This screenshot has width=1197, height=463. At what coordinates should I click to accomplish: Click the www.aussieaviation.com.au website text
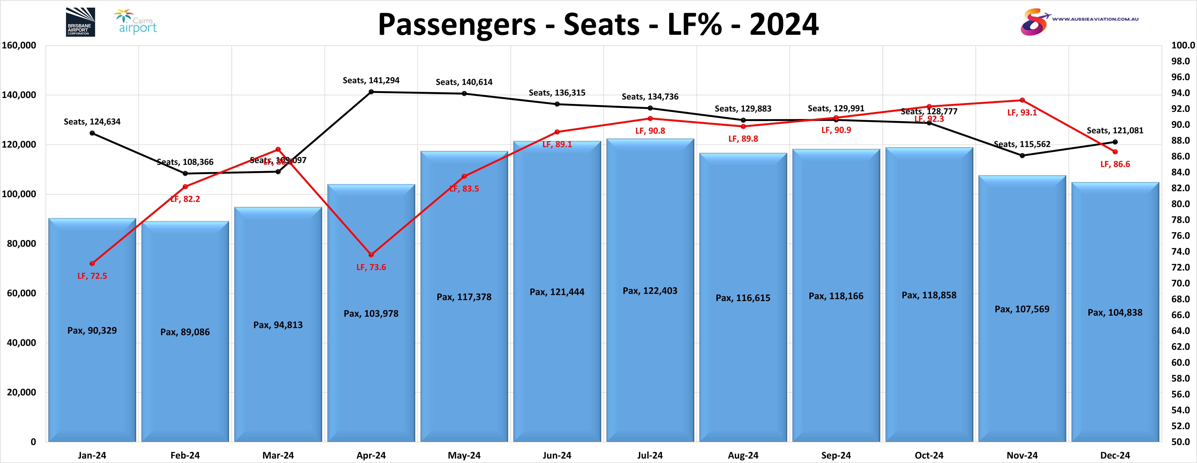click(1095, 19)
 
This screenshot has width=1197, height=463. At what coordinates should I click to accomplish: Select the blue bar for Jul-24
click(650, 325)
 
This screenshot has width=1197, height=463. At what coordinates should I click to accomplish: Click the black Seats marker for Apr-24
click(371, 92)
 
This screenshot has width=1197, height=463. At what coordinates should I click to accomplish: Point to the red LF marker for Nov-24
click(1022, 100)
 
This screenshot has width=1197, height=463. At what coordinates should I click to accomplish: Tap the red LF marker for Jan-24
click(92, 263)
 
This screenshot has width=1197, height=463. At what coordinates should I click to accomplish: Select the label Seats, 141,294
click(371, 80)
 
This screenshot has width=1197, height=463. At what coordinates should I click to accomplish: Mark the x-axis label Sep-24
click(836, 455)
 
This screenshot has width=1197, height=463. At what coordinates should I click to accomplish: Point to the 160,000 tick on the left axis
click(19, 45)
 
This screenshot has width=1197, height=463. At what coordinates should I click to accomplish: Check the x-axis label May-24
click(464, 455)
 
